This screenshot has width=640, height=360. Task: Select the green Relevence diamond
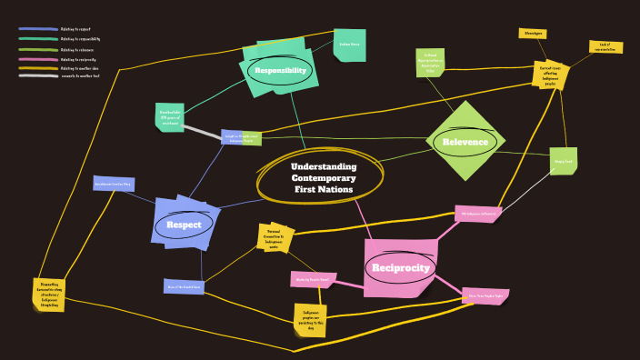click(x=465, y=142)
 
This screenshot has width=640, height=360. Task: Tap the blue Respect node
click(x=185, y=225)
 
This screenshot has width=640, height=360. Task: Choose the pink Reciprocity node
click(x=400, y=267)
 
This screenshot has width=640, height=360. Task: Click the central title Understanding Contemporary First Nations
click(x=323, y=178)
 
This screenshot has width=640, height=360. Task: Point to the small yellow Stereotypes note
click(x=533, y=34)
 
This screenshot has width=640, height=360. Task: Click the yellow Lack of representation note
click(x=605, y=46)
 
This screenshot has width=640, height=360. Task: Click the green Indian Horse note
click(x=349, y=45)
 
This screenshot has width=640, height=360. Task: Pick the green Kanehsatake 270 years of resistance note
click(x=170, y=116)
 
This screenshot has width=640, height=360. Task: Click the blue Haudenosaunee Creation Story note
click(x=114, y=184)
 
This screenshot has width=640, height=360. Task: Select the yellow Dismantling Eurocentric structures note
click(x=49, y=292)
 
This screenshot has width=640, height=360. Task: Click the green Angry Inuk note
click(x=564, y=161)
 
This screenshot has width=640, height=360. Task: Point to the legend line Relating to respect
click(x=37, y=30)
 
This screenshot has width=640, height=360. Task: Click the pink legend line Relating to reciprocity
click(x=37, y=58)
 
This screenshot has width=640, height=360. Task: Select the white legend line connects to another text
click(x=37, y=76)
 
